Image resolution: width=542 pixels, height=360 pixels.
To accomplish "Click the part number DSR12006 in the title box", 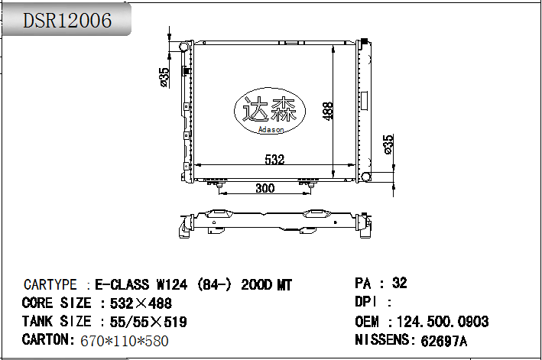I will [67, 21].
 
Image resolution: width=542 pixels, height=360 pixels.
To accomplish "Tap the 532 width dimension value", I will [274, 160].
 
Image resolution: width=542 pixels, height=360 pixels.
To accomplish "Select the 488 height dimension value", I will [327, 111].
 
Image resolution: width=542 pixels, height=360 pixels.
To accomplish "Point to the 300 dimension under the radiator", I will [265, 189].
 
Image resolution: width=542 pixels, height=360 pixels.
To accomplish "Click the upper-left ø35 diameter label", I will [164, 76].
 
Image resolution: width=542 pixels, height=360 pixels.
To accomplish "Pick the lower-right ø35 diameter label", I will [388, 144].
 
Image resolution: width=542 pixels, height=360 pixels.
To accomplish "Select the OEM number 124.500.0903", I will [443, 322].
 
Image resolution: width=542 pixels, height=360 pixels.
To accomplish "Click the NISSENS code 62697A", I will [440, 341].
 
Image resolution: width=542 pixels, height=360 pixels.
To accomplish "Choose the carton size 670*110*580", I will [124, 341].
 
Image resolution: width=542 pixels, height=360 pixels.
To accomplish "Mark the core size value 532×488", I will [141, 303].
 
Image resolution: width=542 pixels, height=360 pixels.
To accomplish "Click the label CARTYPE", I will [50, 285].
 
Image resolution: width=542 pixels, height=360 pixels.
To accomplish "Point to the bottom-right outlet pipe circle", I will [367, 177].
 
